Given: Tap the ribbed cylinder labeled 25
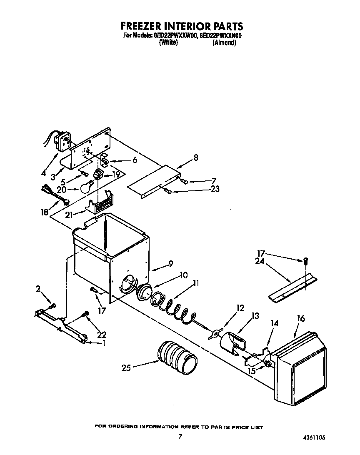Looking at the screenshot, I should tap(177, 357).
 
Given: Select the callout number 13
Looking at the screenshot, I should tap(255, 316).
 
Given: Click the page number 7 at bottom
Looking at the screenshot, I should tap(180, 436).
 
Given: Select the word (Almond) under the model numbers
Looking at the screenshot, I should tap(224, 43).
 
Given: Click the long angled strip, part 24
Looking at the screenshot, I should tap(292, 287).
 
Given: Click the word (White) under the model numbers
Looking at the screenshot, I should tap(168, 43).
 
